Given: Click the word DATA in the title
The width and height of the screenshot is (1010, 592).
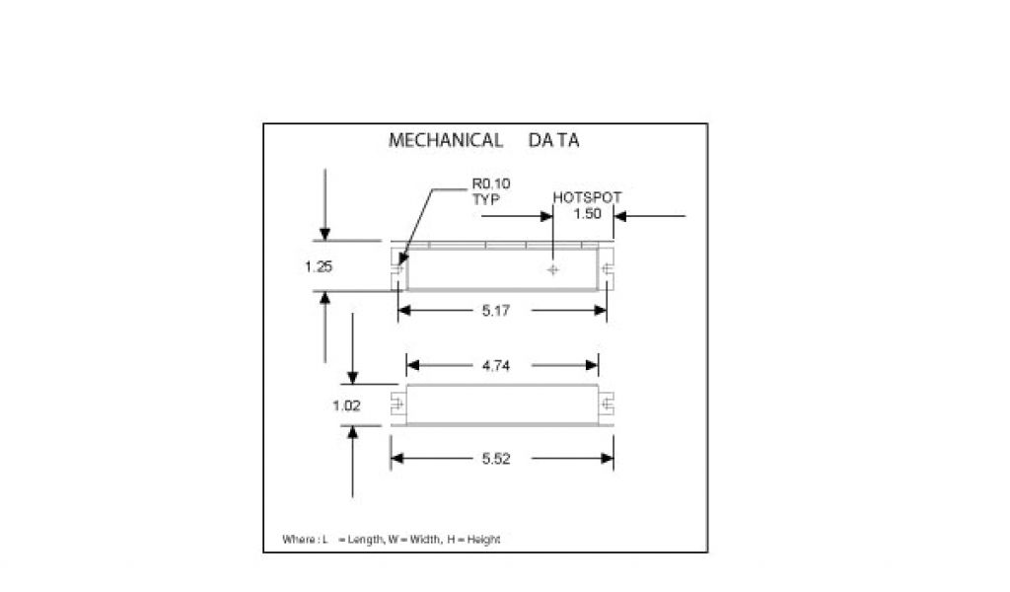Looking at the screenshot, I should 553,140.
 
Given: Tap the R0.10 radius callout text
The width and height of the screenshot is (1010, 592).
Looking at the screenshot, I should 491,185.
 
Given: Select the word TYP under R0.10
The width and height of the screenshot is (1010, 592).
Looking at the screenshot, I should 486,198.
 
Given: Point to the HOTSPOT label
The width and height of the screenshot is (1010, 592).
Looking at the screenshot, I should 587,197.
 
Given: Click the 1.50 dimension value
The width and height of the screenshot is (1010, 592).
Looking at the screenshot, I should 587,214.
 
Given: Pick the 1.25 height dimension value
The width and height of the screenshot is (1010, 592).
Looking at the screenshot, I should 320,265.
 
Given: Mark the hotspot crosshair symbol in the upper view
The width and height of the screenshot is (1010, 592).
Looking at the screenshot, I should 553,269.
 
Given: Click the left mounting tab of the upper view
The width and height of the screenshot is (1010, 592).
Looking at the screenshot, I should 397,266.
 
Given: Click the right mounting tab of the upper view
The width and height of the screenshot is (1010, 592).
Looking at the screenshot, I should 607,266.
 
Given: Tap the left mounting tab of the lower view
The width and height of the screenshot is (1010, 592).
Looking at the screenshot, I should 398,405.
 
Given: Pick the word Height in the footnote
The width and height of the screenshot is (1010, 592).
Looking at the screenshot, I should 484,540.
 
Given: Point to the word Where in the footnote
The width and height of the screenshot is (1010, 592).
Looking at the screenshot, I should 298,540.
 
